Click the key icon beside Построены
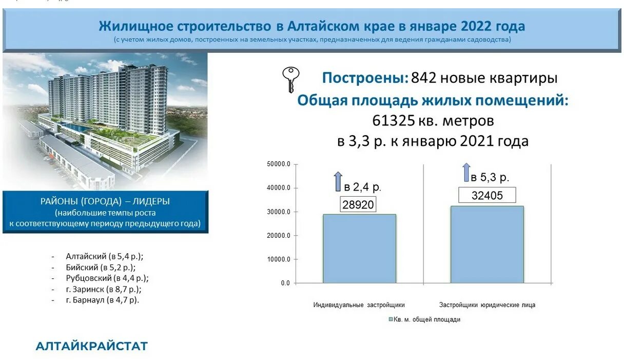[x=291, y=80]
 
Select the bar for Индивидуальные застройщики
[x=359, y=248]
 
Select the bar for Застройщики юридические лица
[x=487, y=244]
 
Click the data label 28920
[x=358, y=204]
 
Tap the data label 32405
[x=487, y=195]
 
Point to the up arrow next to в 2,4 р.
[x=338, y=182]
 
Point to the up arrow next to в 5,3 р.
[x=466, y=173]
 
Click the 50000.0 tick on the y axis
[x=279, y=164]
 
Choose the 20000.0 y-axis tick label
[x=279, y=236]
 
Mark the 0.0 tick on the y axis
[x=285, y=283]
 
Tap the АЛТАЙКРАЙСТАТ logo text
[x=91, y=346]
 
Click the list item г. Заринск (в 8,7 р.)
[x=102, y=289]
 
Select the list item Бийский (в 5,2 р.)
[x=101, y=267]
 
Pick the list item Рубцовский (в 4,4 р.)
[x=107, y=278]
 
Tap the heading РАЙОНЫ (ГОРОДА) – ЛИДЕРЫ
[x=105, y=201]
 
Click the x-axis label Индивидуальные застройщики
[x=359, y=305]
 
